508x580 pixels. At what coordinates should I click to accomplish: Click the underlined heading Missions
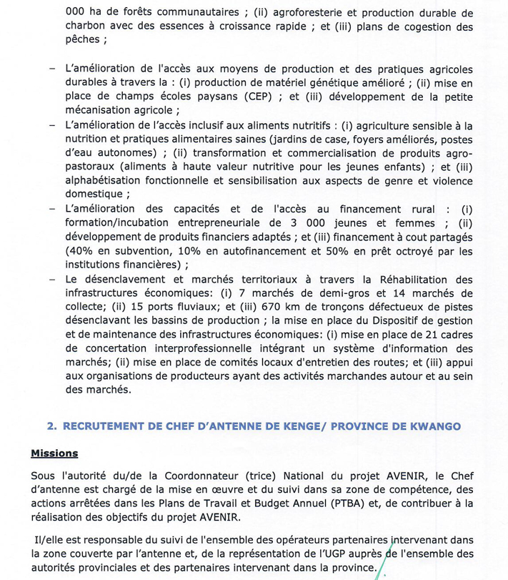point(54,453)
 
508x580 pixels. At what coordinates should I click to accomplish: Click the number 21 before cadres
point(427,335)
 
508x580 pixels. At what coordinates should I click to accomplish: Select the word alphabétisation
point(105,180)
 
